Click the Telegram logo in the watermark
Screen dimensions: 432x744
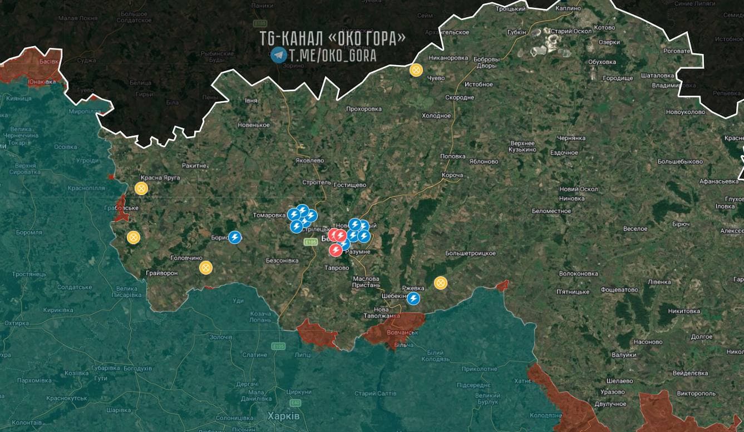[x=278, y=55]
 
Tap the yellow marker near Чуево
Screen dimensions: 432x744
[x=416, y=70]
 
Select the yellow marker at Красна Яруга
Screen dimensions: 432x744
[x=141, y=188]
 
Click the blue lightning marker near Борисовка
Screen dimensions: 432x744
[x=235, y=237]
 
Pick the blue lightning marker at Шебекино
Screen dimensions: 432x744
[x=413, y=299]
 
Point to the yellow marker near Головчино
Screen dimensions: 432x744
[x=206, y=267]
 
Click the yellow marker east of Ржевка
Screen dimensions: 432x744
[x=441, y=283]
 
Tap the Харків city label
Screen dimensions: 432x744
[x=283, y=416]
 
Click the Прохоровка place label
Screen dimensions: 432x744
[x=364, y=109]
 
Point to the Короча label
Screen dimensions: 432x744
[x=452, y=175]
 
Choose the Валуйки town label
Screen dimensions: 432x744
[x=623, y=355]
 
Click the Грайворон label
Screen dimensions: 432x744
[x=161, y=274]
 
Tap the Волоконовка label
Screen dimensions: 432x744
[x=579, y=274]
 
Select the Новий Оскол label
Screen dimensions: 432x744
[x=579, y=189]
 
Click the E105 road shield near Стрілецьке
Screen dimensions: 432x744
[x=311, y=242]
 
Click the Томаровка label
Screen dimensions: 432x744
[x=269, y=215]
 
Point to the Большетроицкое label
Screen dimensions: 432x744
[x=470, y=254]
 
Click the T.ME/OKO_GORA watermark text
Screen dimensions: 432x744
[x=332, y=56]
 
